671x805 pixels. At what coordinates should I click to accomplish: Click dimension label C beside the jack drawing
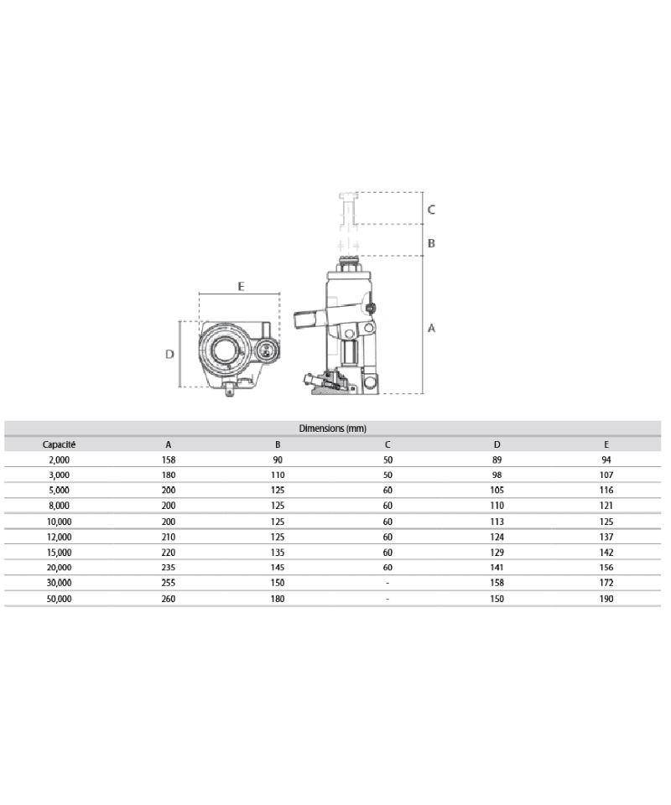tap(431, 210)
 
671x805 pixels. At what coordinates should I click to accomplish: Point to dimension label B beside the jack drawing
tap(431, 244)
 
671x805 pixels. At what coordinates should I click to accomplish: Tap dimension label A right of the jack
tap(432, 329)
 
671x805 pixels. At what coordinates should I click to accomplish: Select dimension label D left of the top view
tap(169, 355)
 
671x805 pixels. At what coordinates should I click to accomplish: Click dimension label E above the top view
tap(241, 287)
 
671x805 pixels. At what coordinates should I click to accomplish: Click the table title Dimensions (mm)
tap(333, 428)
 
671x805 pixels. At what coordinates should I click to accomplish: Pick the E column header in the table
tap(606, 444)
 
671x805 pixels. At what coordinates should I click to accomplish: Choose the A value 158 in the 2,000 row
tap(169, 460)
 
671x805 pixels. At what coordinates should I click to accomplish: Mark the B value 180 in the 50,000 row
tap(278, 599)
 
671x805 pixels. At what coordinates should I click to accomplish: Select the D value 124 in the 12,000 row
tap(497, 537)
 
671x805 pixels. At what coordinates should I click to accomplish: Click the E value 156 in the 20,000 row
tap(606, 568)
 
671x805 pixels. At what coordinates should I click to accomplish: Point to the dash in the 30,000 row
tap(388, 583)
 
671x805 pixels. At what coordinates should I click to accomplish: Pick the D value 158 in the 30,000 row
tap(497, 583)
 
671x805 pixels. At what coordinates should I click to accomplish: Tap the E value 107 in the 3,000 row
tap(606, 475)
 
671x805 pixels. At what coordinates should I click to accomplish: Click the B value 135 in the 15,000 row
tap(278, 552)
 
